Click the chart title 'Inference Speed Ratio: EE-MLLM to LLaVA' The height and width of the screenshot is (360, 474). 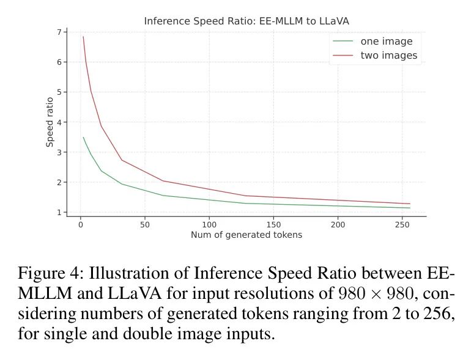click(246, 21)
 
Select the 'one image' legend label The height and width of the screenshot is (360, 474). click(387, 42)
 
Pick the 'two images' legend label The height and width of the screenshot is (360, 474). click(389, 56)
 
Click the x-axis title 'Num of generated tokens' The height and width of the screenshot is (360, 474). click(246, 235)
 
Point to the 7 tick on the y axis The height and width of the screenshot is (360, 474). click(58, 32)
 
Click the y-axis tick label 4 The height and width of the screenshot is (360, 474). click(58, 122)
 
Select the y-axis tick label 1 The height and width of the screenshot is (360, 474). click(58, 213)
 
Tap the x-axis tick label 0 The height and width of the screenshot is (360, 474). click(80, 224)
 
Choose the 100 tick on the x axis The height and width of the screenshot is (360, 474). click(209, 224)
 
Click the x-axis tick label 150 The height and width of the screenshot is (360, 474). click(274, 224)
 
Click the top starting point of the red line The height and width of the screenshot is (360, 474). click(83, 37)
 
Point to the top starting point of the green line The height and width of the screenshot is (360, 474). click(83, 137)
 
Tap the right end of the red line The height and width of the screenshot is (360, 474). click(410, 204)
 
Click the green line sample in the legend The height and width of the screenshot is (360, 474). click(343, 42)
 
